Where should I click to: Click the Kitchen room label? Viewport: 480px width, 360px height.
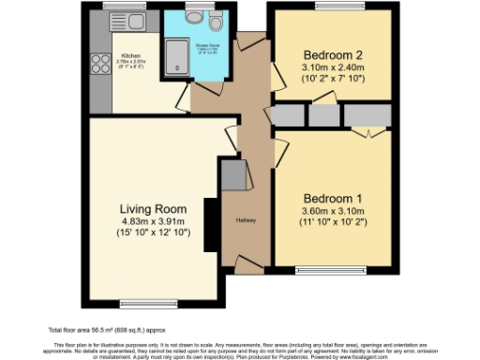click(129, 56)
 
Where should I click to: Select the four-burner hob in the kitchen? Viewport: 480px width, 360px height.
click(98, 64)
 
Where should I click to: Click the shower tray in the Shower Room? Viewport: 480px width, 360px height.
click(178, 53)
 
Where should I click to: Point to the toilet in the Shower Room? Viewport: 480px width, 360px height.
click(217, 23)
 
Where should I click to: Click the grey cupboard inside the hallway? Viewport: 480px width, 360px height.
click(232, 173)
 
